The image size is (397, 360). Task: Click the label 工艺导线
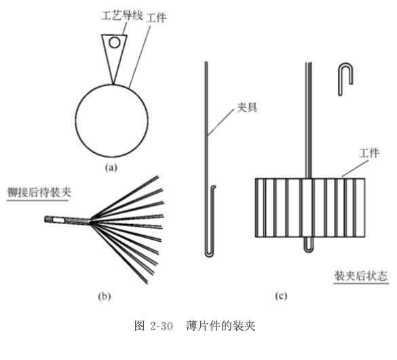point(121,16)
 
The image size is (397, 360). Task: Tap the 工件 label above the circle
point(157,18)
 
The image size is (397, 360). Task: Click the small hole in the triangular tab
point(115,43)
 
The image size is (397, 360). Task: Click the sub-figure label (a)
point(111,168)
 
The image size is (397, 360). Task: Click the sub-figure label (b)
point(105,296)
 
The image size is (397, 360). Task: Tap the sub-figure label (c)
point(281,296)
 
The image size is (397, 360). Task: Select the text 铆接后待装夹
point(39,192)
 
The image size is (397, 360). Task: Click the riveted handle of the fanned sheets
point(67,220)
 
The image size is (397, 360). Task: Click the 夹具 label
point(248,108)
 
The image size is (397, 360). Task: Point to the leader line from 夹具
point(221,122)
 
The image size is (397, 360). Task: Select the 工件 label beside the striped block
point(369,154)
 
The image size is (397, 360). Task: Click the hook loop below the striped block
point(308,249)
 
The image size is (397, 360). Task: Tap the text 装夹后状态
point(361,276)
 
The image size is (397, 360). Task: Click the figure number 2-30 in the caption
point(162,326)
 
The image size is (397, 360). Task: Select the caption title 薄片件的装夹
point(221,326)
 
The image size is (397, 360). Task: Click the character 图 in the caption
point(140,326)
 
